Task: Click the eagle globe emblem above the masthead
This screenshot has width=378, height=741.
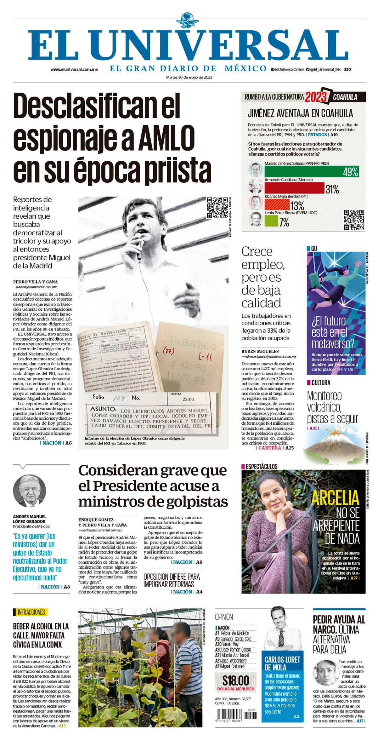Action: tap(189, 20)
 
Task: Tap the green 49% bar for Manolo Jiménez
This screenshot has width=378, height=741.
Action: tap(311, 171)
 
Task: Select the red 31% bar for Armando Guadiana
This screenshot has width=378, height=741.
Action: tap(294, 189)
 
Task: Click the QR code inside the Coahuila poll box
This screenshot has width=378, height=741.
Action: tap(354, 220)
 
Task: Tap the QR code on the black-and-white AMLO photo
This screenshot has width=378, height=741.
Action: tap(217, 208)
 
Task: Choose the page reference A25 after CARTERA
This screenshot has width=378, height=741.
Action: tap(289, 448)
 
